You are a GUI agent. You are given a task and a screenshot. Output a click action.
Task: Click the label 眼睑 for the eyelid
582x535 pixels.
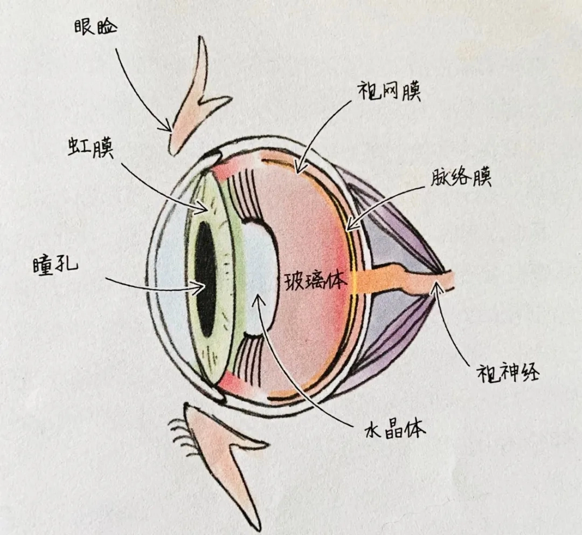pyautogui.click(x=95, y=27)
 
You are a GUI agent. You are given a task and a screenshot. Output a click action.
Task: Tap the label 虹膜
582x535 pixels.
pyautogui.click(x=90, y=147)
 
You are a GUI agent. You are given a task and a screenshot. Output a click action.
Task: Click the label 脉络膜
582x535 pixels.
pyautogui.click(x=461, y=179)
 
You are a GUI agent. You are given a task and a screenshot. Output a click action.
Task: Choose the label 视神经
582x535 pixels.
pyautogui.click(x=508, y=372)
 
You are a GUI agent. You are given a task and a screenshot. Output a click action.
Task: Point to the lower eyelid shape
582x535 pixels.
pyautogui.click(x=230, y=457)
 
